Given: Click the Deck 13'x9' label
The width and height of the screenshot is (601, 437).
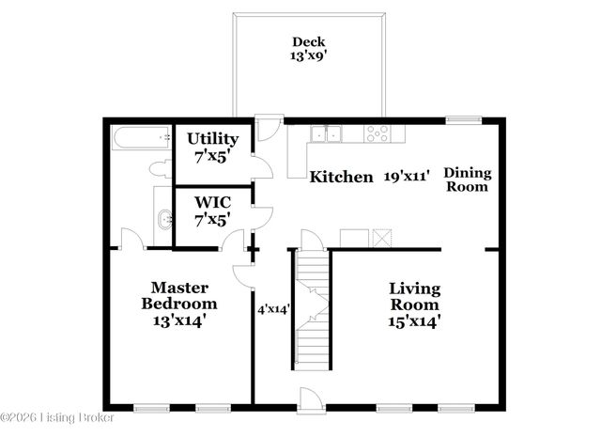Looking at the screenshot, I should (x=307, y=49).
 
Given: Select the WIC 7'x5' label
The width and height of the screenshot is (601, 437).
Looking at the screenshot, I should (x=212, y=210).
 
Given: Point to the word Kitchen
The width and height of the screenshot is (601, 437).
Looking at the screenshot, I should (x=342, y=177).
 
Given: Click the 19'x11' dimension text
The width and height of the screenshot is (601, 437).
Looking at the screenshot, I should (x=406, y=177).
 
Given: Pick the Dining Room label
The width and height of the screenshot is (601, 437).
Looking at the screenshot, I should (x=467, y=179).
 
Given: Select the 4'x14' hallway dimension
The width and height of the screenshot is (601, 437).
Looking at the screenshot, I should (x=273, y=307).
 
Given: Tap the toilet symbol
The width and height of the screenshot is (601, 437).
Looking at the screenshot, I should (x=159, y=169).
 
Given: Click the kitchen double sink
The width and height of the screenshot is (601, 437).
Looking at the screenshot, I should (x=327, y=134).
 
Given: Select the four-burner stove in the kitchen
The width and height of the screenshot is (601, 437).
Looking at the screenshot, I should (x=377, y=133).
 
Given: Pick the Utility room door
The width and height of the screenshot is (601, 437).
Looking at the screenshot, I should (x=262, y=167).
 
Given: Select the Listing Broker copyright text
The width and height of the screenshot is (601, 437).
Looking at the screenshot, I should (x=57, y=416).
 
